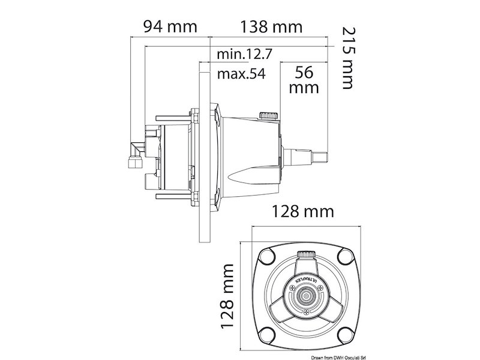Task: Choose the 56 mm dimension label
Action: point(304,80)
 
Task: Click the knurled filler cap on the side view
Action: point(267,114)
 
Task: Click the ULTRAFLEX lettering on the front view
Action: point(300,281)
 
